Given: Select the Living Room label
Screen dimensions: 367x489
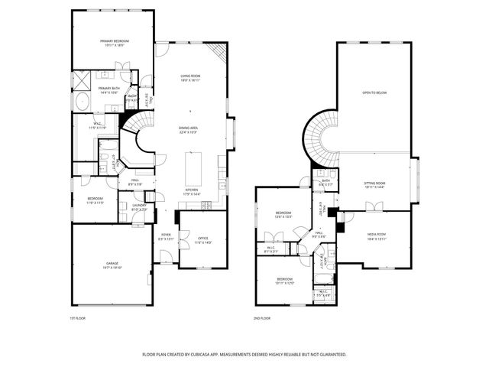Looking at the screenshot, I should [x=190, y=77].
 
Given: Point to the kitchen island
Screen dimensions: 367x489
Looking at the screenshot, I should [x=192, y=165].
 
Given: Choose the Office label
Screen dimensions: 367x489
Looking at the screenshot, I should [x=203, y=240].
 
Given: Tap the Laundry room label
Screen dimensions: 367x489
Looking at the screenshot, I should [x=139, y=206].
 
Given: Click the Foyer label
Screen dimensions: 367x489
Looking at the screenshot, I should [x=166, y=237].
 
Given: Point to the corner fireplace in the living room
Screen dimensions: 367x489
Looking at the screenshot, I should [x=219, y=53].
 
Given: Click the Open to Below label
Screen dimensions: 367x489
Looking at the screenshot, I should [x=374, y=92].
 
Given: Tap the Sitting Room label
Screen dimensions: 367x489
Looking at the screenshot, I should [x=374, y=184].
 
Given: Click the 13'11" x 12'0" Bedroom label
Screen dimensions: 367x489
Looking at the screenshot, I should [x=284, y=281].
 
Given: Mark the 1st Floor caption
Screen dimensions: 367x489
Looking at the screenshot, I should [x=77, y=319].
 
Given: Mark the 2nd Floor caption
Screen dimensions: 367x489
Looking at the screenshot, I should [x=261, y=319].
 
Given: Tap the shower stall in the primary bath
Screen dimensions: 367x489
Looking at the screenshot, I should [x=82, y=80].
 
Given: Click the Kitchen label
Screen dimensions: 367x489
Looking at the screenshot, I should [x=192, y=191].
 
